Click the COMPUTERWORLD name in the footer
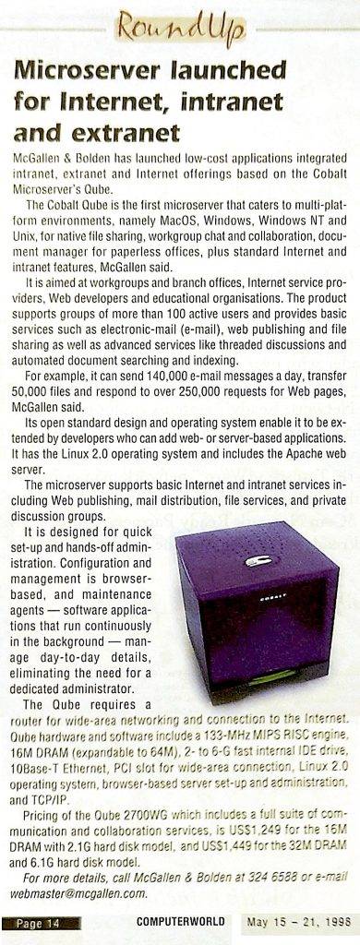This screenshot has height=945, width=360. pyautogui.click(x=175, y=922)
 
